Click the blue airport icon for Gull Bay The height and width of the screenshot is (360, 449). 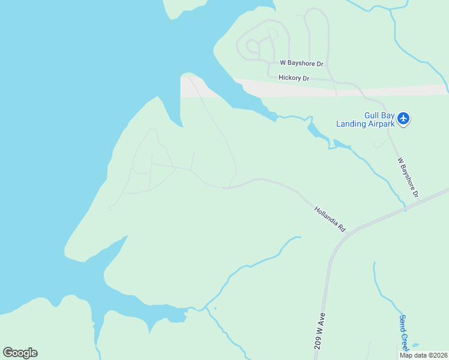[403, 119]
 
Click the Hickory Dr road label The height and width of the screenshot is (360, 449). [294, 78]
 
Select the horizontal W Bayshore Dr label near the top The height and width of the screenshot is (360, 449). [301, 63]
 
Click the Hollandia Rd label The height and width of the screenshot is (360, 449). [330, 220]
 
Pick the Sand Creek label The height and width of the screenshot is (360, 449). [403, 333]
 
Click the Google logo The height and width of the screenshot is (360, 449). [20, 353]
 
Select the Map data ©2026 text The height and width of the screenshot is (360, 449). [424, 355]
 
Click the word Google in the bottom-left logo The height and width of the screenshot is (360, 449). [20, 353]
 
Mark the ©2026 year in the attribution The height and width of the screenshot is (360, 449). [438, 355]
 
